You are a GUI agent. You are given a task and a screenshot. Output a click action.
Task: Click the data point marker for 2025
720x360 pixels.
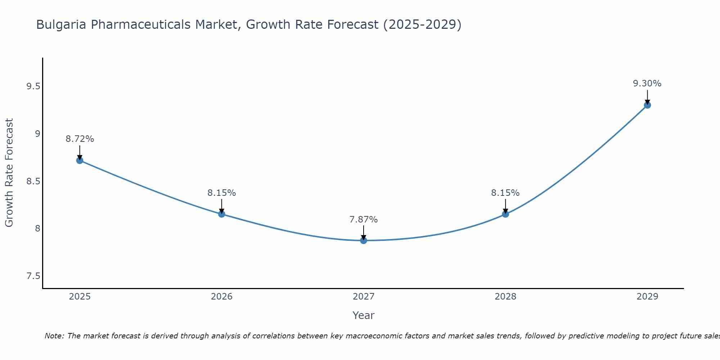(80, 160)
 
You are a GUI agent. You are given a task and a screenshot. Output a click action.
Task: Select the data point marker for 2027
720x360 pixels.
(364, 240)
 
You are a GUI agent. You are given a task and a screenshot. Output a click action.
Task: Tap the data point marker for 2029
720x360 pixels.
(647, 105)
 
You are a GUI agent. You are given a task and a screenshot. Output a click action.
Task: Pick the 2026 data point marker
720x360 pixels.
(222, 214)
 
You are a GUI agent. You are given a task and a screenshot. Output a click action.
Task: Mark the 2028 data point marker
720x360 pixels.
(505, 214)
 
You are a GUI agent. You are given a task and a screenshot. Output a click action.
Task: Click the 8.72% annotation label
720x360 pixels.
(80, 139)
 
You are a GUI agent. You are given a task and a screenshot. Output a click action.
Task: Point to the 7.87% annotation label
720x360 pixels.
(364, 219)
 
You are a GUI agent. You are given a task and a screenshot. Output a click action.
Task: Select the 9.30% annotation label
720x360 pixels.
(647, 84)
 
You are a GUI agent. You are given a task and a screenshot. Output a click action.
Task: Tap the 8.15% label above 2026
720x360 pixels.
(222, 193)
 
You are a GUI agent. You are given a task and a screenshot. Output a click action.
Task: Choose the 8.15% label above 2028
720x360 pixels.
(505, 193)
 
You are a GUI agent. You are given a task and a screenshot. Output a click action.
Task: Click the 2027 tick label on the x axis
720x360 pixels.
(364, 297)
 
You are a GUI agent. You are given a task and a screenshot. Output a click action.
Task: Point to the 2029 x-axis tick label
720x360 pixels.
(647, 297)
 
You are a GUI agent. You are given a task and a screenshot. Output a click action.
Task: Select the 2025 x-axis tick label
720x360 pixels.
(80, 297)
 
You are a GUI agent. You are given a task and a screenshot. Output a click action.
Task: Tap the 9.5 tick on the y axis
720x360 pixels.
(33, 86)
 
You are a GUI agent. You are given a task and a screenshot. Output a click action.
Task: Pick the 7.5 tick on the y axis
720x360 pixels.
(33, 276)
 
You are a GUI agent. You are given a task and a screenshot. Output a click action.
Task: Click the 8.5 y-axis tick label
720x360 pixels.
(33, 181)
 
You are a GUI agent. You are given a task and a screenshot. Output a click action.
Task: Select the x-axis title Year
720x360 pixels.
(364, 315)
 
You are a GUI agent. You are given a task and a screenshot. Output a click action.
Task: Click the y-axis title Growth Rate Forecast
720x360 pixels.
(9, 173)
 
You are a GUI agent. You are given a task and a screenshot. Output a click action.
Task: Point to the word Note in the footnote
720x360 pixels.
(54, 336)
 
